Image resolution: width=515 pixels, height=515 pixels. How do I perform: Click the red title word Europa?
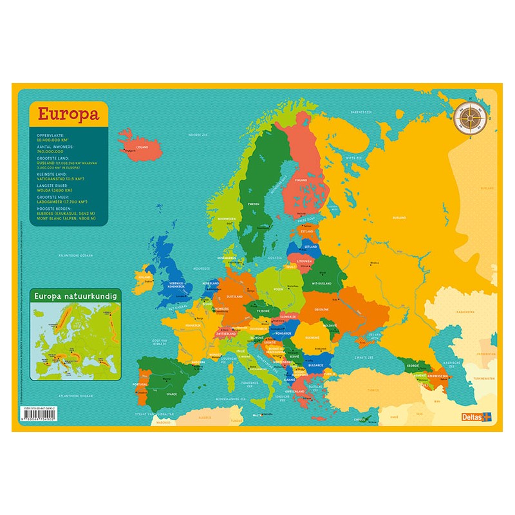coord(68,114)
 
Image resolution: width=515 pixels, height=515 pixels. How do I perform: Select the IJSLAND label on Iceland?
coord(142,146)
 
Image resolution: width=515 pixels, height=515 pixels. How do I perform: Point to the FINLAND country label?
coord(301,181)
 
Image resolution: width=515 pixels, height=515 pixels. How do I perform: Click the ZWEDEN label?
coord(253,203)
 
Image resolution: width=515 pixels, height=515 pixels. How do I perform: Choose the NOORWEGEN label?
coord(226,219)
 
